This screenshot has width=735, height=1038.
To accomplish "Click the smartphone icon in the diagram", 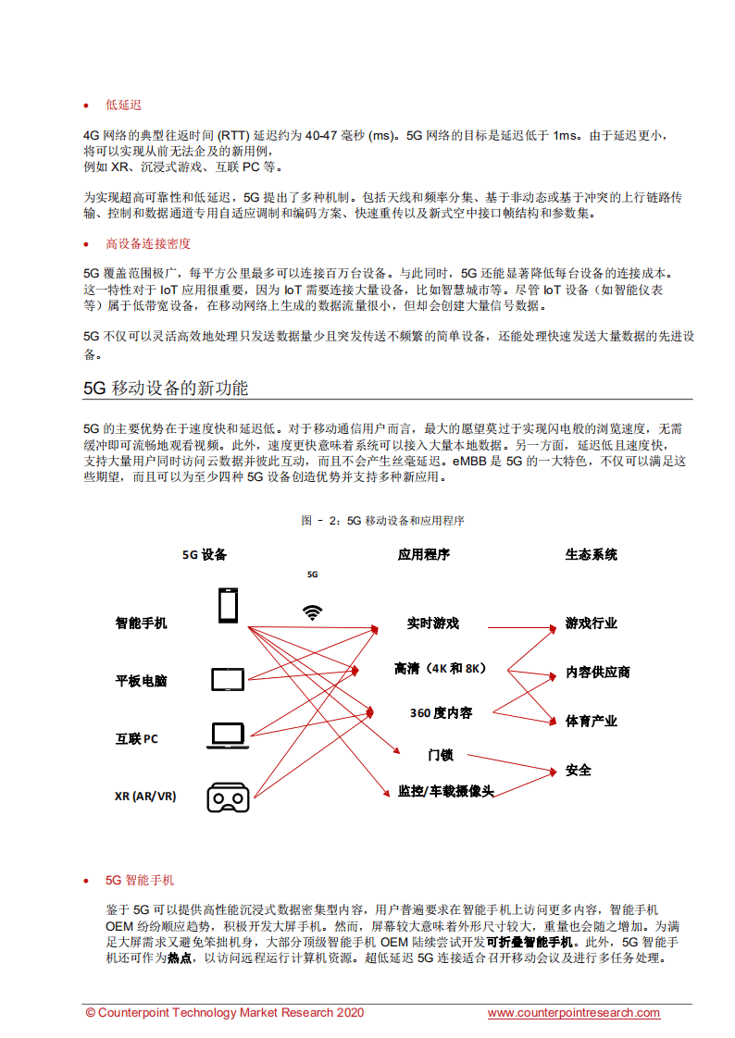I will click(x=227, y=606).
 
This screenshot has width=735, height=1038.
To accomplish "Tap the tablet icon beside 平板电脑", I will click(x=227, y=680).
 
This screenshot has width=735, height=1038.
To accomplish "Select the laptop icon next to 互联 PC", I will click(x=227, y=735).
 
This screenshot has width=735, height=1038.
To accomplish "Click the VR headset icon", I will click(x=227, y=797).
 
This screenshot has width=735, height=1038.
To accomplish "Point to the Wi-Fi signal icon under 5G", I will click(x=313, y=612).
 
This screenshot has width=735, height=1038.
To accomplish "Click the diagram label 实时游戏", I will click(x=432, y=624).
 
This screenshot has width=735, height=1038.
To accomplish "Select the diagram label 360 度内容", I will click(x=441, y=713).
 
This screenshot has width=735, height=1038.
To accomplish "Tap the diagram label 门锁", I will click(x=441, y=755).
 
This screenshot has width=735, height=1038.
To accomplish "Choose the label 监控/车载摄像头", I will click(x=445, y=791).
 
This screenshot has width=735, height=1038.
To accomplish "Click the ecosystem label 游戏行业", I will click(x=592, y=624).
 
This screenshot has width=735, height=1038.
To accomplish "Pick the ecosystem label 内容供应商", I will click(x=598, y=673).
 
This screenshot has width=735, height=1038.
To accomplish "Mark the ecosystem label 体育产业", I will click(x=592, y=721).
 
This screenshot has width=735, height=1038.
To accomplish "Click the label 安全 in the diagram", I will click(x=579, y=770).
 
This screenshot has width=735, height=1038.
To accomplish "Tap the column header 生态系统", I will click(x=591, y=554).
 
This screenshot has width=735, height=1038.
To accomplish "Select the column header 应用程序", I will click(x=423, y=554).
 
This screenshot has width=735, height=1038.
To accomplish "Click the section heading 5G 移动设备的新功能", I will click(x=166, y=388).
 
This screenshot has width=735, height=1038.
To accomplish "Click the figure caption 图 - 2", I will click(x=382, y=521).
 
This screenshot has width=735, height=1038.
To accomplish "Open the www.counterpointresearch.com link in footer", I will click(x=574, y=1013).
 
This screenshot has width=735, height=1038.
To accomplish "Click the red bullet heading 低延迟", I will click(x=123, y=105).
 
